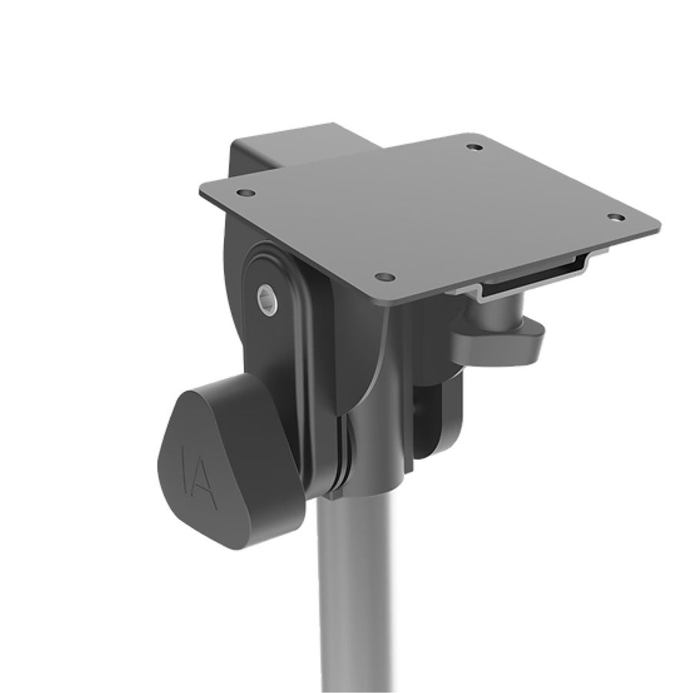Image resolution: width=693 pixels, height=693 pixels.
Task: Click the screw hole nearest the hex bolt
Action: click(x=386, y=276)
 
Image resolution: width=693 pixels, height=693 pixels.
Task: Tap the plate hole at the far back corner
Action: click(x=475, y=146)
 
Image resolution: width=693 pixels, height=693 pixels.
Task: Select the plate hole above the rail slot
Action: click(x=615, y=217)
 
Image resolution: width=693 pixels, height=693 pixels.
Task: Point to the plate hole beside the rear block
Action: click(x=245, y=193)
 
